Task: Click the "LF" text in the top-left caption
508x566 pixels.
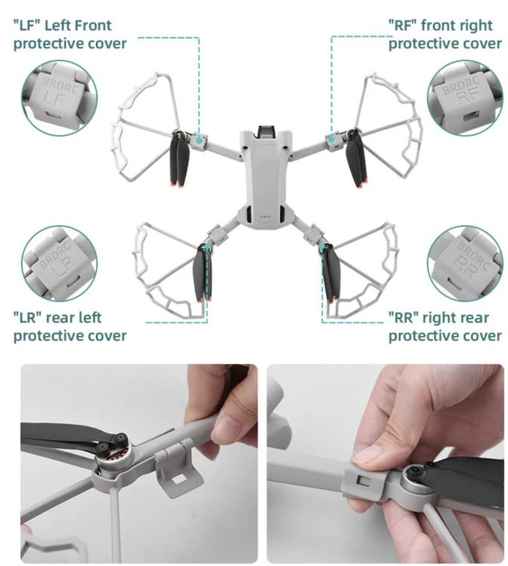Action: click(26, 26)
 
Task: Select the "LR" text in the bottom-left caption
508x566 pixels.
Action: click(27, 318)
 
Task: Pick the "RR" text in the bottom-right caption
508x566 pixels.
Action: click(403, 318)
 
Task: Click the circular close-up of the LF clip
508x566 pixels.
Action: click(59, 98)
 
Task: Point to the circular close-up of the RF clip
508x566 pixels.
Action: click(465, 98)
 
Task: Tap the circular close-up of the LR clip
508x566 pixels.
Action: click(59, 264)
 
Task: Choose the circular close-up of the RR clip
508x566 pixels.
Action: click(465, 264)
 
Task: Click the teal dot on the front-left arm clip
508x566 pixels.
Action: click(199, 141)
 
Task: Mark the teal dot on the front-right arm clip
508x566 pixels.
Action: click(331, 139)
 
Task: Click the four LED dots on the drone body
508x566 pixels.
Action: click(266, 217)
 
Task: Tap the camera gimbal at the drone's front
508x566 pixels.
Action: click(266, 133)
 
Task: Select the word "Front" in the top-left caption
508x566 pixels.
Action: click(93, 26)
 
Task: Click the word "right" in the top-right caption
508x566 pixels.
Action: click(476, 26)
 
